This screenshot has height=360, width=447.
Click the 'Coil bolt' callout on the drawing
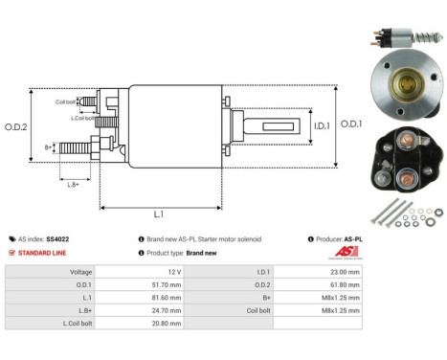click(65, 100)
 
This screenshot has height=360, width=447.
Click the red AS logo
click(351, 251)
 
